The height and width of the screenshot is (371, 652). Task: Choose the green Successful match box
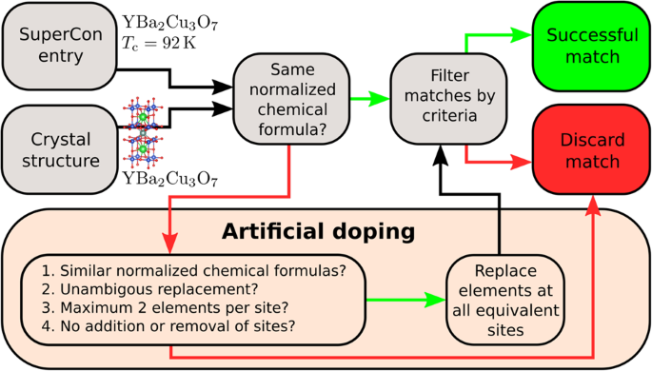[x=590, y=45]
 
